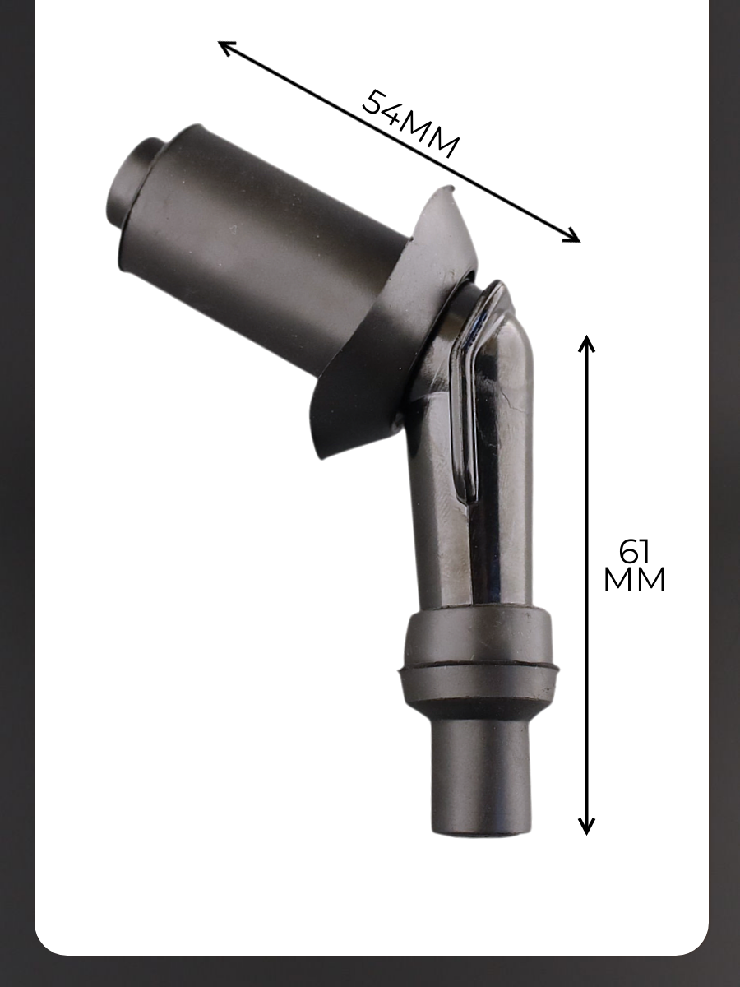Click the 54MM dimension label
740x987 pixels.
411,124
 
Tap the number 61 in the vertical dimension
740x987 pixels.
633,551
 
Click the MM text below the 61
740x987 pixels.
634,580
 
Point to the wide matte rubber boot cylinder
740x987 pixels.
270,234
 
